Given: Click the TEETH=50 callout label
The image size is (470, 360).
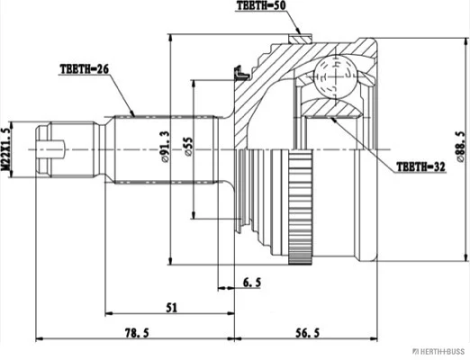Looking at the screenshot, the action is tap(261, 5).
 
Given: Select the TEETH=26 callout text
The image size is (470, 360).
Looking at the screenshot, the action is tap(85, 69).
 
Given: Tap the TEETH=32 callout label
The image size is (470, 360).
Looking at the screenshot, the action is tap(420, 166).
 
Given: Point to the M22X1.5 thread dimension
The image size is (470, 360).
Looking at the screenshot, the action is tap(5, 149).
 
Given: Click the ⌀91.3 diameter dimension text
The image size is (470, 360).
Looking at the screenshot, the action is tap(166, 147).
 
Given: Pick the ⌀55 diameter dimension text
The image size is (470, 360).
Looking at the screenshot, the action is tap(188, 147).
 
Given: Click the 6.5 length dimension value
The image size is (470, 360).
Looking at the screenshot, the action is tap(251, 283).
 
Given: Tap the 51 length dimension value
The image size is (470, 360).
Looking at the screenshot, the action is tap(172, 308).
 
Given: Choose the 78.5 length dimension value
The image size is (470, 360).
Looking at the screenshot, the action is tap(137, 333).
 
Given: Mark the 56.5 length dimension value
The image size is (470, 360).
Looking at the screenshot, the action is tap(308, 333).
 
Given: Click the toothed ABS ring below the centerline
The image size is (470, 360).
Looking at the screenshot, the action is tap(300, 207).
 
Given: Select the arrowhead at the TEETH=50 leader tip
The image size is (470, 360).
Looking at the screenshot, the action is tap(298, 31).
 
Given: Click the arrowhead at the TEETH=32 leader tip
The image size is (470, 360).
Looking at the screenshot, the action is tap(333, 120).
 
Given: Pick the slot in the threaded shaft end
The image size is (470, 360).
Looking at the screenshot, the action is tap(51, 149).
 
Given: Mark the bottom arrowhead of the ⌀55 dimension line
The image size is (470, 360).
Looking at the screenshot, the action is tap(194, 215).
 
